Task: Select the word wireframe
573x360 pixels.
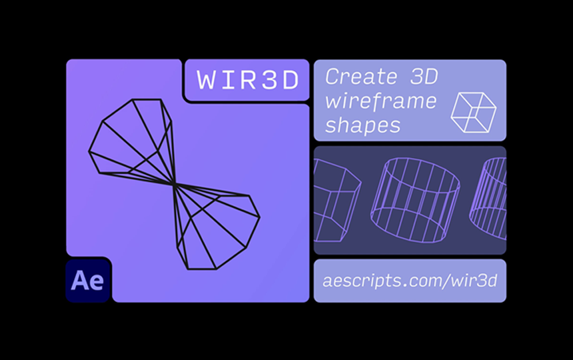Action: [x=380, y=101]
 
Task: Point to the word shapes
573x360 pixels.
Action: [x=362, y=125]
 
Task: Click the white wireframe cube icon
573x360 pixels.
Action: [x=473, y=110]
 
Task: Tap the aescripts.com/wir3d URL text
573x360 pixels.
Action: [x=410, y=281]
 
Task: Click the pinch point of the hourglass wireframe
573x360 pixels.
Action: [x=173, y=183]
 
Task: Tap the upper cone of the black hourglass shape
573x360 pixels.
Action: [x=133, y=140]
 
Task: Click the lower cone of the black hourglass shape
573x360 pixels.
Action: [x=213, y=227]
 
